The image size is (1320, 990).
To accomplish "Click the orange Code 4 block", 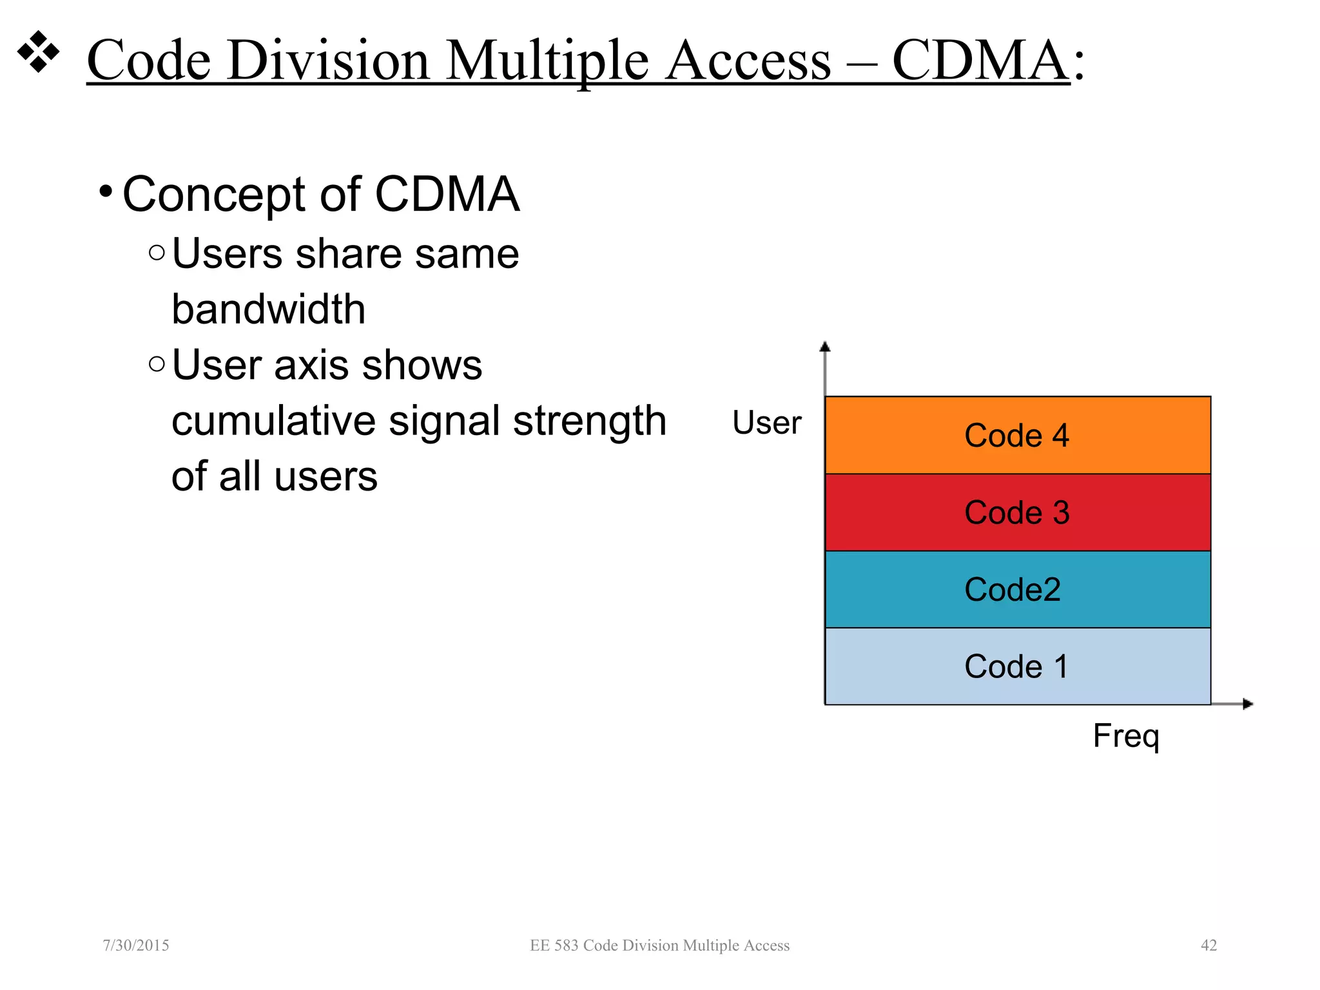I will (1017, 435).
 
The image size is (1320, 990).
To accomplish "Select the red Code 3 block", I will (1017, 512).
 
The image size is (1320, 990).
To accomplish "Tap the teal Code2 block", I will (1017, 589).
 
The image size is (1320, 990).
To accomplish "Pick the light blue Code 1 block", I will (1017, 666).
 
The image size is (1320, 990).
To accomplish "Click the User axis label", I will (766, 423).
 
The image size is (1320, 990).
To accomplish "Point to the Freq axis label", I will (1125, 735).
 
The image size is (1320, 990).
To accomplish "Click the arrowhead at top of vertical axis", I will (824, 347).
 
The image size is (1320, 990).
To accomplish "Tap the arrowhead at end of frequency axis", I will (1248, 704).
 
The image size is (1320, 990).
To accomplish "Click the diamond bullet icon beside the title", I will (38, 52).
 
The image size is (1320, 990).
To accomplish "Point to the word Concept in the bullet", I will (213, 194).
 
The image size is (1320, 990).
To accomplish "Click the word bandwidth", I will (268, 309).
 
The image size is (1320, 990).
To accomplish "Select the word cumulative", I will (273, 421).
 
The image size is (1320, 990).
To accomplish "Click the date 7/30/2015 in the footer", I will (136, 945).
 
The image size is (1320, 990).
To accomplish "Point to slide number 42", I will (1208, 945).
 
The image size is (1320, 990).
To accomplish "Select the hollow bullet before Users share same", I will (157, 253).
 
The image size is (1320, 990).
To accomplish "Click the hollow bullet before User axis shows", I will (157, 364).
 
